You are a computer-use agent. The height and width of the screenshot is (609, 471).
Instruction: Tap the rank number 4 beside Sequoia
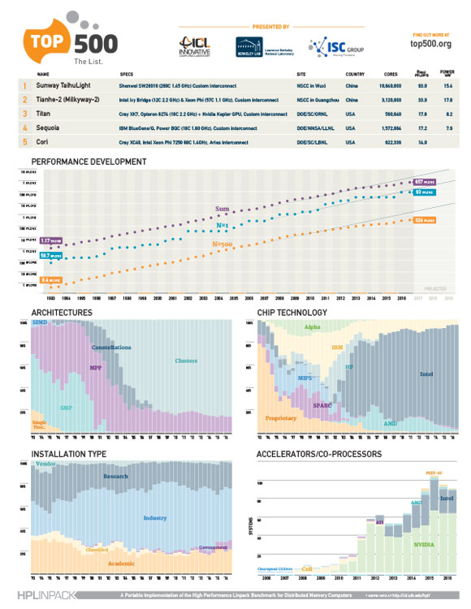(x=25, y=127)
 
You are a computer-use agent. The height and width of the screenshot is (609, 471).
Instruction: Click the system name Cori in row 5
(x=45, y=141)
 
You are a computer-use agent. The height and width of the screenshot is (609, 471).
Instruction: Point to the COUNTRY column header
(x=354, y=72)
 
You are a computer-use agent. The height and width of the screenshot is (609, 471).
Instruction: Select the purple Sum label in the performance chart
(x=221, y=209)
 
